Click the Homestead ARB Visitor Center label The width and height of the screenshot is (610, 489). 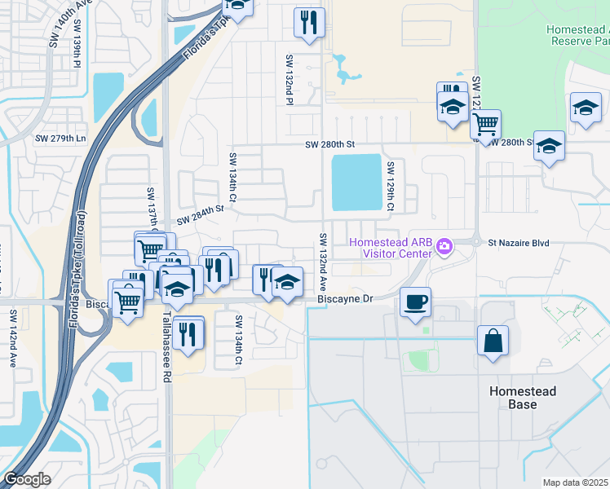point(390,248)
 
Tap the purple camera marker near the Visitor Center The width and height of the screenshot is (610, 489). point(444,245)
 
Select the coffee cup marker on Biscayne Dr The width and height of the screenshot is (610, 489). point(415,302)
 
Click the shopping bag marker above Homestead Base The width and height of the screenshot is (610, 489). point(493,341)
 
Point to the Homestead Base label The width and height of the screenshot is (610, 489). point(523,398)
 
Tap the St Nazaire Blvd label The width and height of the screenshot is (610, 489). point(519,243)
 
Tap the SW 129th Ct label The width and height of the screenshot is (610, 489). point(391,187)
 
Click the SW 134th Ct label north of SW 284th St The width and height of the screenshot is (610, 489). point(232,178)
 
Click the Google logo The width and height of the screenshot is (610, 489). point(27,479)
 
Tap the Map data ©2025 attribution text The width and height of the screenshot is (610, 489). point(574,482)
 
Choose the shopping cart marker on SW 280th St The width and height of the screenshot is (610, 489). point(485,125)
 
